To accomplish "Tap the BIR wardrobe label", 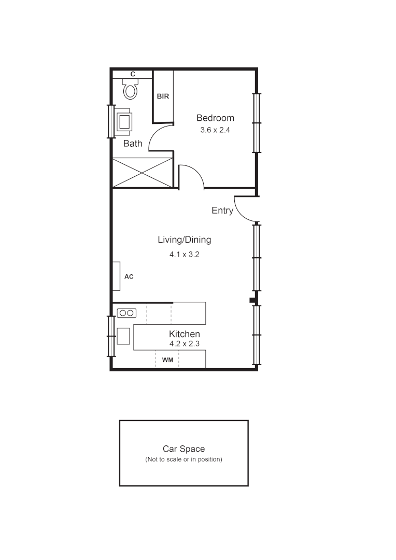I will (163, 96).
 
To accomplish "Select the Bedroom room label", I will (215, 118).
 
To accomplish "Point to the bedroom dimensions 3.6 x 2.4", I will (215, 130).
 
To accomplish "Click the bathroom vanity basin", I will (124, 122).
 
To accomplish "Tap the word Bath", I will (133, 144).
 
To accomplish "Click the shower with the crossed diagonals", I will (142, 173).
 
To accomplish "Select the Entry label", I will (222, 211).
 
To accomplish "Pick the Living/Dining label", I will (185, 240).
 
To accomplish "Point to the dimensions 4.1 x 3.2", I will (185, 255).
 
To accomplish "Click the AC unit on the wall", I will (117, 276).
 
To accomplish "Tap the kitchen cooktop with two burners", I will (126, 313).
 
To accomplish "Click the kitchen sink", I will (123, 336).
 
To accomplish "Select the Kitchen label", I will (185, 334).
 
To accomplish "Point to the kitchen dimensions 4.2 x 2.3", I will (185, 344).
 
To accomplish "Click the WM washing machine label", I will (167, 359).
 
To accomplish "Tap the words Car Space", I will (183, 449).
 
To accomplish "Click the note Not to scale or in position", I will (183, 459).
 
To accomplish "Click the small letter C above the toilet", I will (133, 75).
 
